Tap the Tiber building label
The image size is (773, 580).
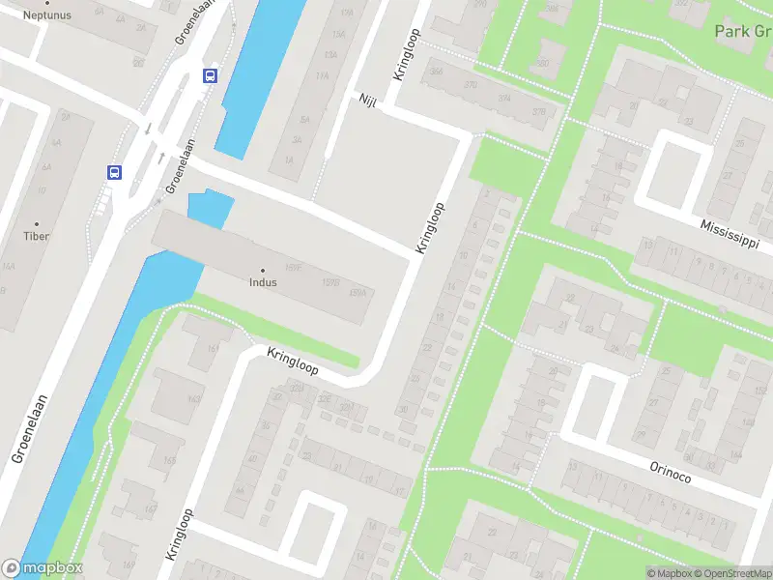click(37, 236)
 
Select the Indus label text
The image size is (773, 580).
click(262, 283)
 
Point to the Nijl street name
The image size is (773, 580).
click(367, 101)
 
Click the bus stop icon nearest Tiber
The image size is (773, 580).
click(114, 172)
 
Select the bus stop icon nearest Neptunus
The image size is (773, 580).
click(210, 75)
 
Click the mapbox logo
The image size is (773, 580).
click(43, 568)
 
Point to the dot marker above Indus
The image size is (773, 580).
click(262, 271)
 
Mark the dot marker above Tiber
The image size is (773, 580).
click(37, 223)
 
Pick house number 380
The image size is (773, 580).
click(543, 63)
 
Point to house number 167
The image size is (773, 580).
click(150, 510)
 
